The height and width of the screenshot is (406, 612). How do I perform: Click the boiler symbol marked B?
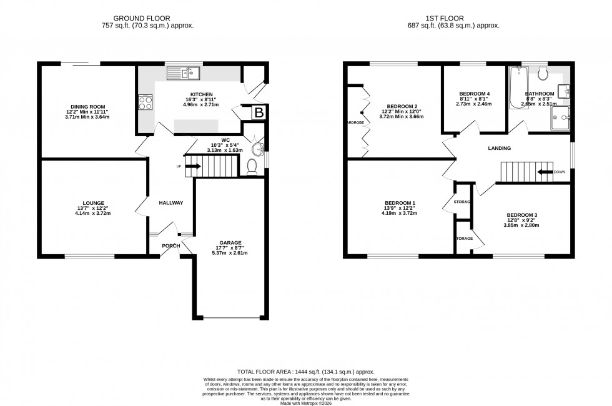257,113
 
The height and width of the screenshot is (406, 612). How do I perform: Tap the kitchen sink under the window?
183,74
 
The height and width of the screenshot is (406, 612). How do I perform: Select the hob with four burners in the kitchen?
145,102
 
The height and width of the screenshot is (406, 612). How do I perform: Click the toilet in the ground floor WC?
252,167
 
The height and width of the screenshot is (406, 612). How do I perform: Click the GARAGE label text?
230,242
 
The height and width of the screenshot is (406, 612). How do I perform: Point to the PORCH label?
171,245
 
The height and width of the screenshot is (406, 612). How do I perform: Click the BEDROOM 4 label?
475,94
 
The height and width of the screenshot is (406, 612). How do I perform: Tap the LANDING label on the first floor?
500,148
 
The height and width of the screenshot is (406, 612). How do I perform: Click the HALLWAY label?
170,203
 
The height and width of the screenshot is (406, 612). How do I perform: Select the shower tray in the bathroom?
562,118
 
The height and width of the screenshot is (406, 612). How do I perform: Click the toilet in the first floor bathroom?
542,74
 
